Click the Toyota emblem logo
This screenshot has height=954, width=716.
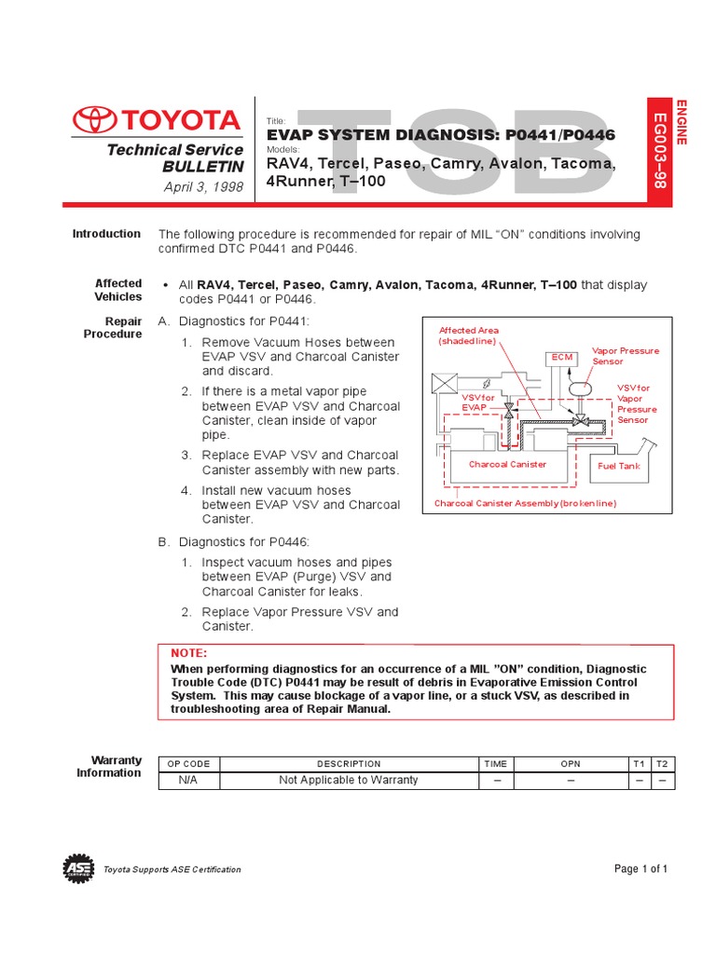click(93, 119)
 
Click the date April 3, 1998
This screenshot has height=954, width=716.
click(203, 187)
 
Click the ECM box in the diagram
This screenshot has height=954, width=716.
click(561, 357)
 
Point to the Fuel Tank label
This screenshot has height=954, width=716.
click(618, 465)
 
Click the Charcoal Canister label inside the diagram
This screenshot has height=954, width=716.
click(507, 464)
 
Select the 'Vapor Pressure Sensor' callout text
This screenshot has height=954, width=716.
click(625, 356)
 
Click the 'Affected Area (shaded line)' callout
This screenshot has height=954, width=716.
click(469, 335)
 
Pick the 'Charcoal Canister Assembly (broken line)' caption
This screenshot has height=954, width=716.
click(525, 503)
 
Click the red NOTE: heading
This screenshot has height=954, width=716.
click(189, 654)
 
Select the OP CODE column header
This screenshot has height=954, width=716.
click(188, 764)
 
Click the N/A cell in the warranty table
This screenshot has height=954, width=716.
click(188, 780)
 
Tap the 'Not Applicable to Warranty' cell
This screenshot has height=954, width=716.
click(349, 780)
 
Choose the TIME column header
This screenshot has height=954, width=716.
click(495, 764)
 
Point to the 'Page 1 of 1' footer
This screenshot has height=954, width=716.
click(641, 869)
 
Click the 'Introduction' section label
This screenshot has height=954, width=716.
click(106, 234)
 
